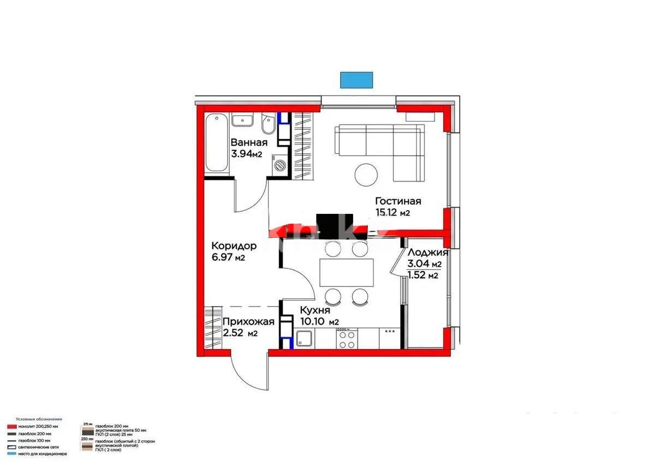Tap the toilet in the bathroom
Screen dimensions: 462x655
267,126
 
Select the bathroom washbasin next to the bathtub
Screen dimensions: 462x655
241,121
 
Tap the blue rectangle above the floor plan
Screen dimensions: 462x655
356,80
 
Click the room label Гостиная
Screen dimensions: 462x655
398,201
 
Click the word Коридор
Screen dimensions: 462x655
234,245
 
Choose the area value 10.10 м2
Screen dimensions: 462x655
319,322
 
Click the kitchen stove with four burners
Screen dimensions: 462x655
346,340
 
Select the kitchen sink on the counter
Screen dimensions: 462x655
304,340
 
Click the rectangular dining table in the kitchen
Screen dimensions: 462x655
347,272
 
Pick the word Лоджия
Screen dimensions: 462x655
427,253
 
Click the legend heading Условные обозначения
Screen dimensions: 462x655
39,419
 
